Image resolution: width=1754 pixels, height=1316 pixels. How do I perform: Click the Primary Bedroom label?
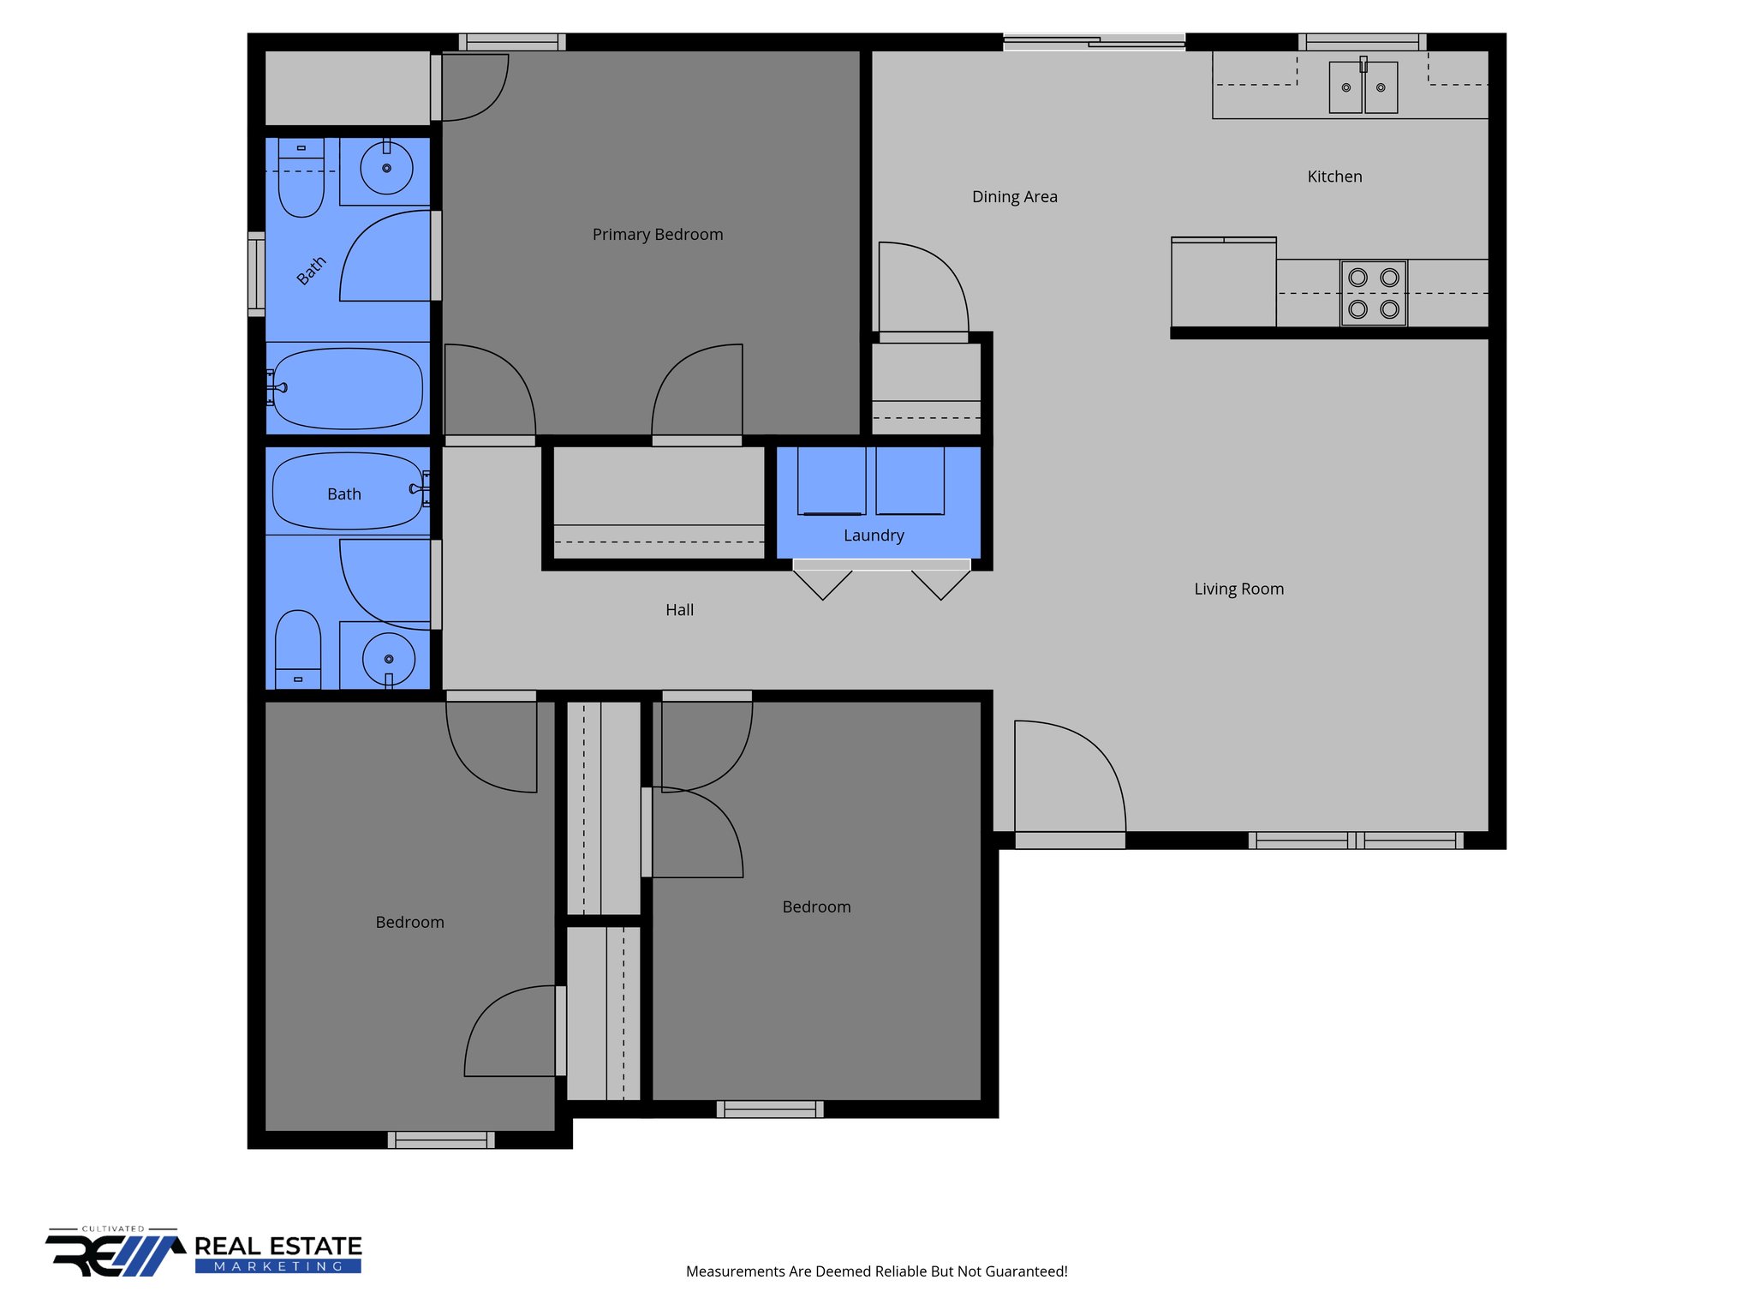(657, 235)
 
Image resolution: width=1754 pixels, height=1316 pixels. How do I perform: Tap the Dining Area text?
(1014, 197)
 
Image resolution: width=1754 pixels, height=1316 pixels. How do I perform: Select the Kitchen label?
(1333, 176)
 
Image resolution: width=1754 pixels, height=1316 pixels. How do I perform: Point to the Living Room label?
(1238, 589)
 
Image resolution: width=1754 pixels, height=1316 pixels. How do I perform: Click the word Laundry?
(873, 535)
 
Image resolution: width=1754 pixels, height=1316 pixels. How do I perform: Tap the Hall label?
(679, 610)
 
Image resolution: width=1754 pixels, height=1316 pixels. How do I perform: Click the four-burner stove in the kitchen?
(1373, 293)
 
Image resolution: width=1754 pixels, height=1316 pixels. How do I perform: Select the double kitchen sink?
(1363, 87)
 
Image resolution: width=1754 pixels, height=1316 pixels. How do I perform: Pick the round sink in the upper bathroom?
(386, 168)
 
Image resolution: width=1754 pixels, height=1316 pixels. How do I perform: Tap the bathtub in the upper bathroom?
(347, 388)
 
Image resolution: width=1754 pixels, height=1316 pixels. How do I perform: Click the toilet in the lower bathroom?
(298, 648)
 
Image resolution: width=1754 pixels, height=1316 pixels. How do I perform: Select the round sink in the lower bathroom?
(389, 659)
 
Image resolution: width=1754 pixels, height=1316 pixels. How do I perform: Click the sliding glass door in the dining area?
(1094, 41)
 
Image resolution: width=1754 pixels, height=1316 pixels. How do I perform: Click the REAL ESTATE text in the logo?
(277, 1246)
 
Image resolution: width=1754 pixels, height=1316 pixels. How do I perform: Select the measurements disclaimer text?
(876, 1271)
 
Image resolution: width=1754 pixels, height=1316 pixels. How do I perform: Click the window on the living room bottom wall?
(1356, 840)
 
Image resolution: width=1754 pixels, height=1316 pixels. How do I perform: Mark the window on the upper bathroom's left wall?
(256, 274)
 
